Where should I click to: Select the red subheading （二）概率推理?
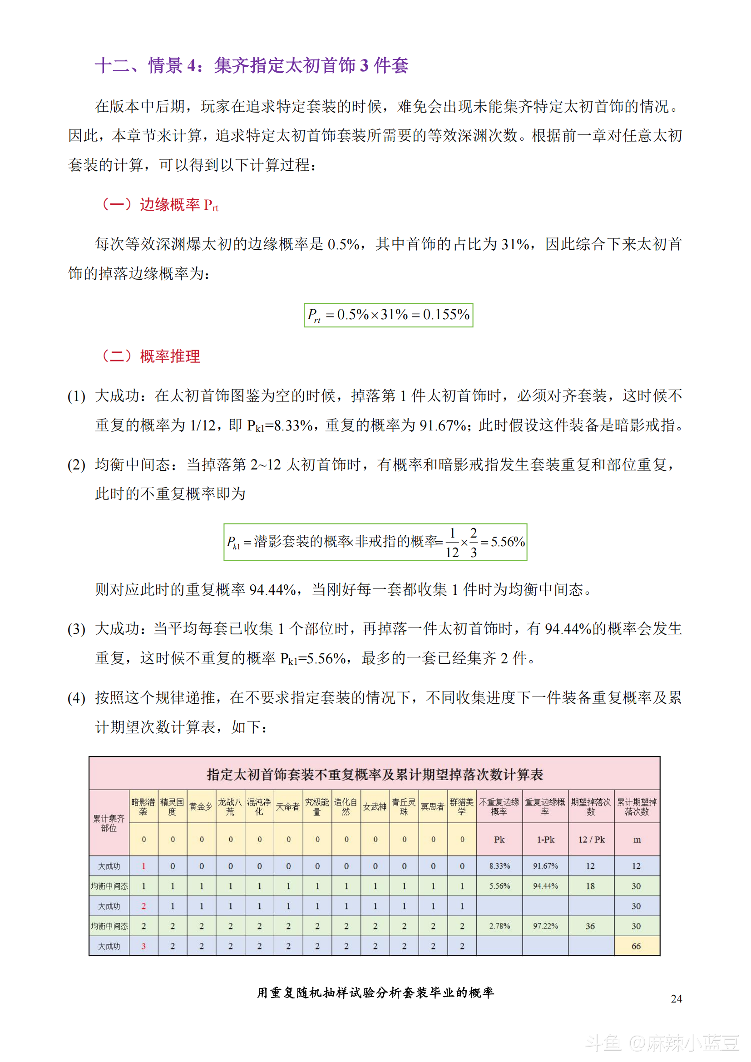tap(151, 356)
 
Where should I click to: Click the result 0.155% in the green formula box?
tap(446, 315)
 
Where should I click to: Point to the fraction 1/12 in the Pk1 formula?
tap(452, 543)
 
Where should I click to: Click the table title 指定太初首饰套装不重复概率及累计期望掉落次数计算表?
tap(375, 774)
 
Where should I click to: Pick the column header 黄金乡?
tap(201, 807)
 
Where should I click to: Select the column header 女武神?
tap(375, 807)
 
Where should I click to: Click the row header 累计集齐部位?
tap(109, 823)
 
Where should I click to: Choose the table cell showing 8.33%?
tap(499, 866)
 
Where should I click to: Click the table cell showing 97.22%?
tap(545, 926)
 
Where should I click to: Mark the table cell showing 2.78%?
tap(499, 926)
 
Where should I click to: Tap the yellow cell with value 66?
tap(636, 946)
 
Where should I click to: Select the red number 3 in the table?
tap(143, 946)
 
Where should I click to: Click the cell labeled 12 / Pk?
tap(592, 840)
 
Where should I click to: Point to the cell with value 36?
tap(591, 926)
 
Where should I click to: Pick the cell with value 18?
tap(591, 886)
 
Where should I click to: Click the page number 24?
tap(676, 998)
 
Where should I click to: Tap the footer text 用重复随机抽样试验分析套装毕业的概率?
tap(375, 993)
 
